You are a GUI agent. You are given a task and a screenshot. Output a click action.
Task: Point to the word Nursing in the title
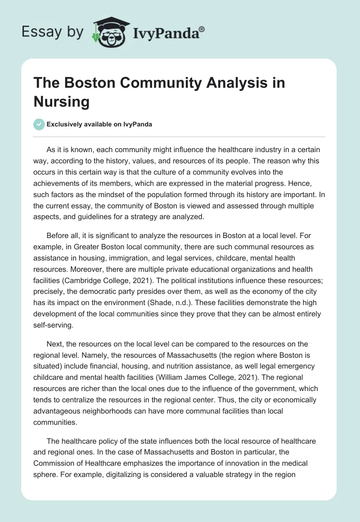click(x=61, y=101)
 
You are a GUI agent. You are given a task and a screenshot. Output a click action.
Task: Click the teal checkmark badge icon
click(x=40, y=124)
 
